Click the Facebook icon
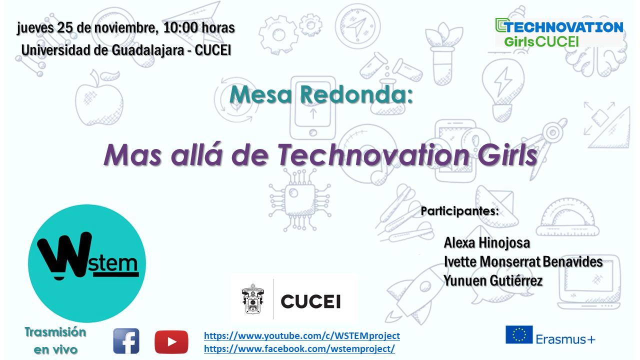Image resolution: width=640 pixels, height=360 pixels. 126,341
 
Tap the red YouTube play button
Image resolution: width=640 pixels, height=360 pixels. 171,342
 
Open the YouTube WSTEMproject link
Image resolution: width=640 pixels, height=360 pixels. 302,335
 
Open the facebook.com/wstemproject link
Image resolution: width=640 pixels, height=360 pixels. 299,349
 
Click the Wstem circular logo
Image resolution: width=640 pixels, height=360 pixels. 87,263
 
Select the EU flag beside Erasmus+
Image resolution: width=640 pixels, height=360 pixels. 519,334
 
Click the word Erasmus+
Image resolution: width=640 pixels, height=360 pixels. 565,339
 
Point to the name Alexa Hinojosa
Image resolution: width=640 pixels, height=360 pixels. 487,243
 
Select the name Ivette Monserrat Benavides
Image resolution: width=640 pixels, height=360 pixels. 523,261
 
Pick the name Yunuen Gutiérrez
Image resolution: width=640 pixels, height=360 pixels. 493,280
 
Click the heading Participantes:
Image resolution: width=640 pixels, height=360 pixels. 459,211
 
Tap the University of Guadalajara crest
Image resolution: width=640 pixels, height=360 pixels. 253,299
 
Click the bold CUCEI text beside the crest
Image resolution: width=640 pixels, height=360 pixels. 311,301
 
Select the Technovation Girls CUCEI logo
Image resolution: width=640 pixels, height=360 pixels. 559,32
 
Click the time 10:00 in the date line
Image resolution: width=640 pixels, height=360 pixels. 180,27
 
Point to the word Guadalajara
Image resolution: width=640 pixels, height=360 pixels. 147,50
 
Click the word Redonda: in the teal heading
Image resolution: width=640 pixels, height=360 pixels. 356,94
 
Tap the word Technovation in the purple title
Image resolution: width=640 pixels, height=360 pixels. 373,155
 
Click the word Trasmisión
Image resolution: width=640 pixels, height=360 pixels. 55,332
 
